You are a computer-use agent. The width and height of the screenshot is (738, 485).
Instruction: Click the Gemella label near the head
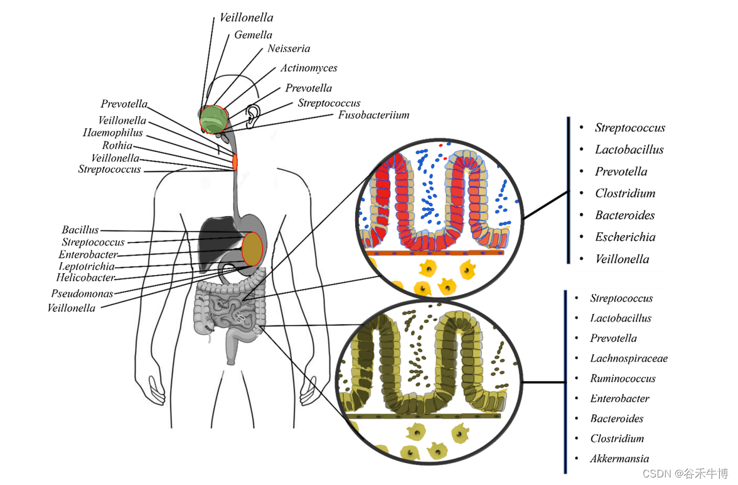(x=253, y=35)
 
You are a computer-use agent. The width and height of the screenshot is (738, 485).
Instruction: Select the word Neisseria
(x=289, y=48)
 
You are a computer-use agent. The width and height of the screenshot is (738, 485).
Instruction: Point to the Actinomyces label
(x=308, y=68)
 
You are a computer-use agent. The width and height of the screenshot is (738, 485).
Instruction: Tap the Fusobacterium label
(x=373, y=115)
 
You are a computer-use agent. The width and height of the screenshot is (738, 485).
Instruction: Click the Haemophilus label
(x=112, y=133)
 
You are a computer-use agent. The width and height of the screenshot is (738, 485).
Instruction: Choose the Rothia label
(x=117, y=146)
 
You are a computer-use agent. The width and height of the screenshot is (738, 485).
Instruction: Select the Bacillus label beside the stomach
(x=80, y=231)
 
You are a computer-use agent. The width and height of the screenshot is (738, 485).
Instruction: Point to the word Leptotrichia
(x=86, y=266)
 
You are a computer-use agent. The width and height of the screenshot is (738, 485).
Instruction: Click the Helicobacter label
(x=85, y=278)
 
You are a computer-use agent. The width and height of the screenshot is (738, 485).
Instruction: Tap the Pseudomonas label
(x=82, y=293)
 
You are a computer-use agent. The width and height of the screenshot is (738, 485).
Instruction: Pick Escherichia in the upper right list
(x=625, y=237)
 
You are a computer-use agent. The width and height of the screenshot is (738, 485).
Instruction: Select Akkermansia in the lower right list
(x=619, y=459)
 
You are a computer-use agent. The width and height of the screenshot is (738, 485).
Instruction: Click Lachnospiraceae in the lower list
(x=628, y=359)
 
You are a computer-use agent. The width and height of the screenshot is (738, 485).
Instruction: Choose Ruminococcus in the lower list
(x=623, y=379)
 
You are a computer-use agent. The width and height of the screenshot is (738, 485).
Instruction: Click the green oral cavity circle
(x=213, y=119)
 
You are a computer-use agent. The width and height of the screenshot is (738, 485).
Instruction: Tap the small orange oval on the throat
(x=235, y=161)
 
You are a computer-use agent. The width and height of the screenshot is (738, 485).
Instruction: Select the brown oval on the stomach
(x=252, y=248)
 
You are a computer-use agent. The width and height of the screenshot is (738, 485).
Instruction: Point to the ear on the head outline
(x=252, y=115)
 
